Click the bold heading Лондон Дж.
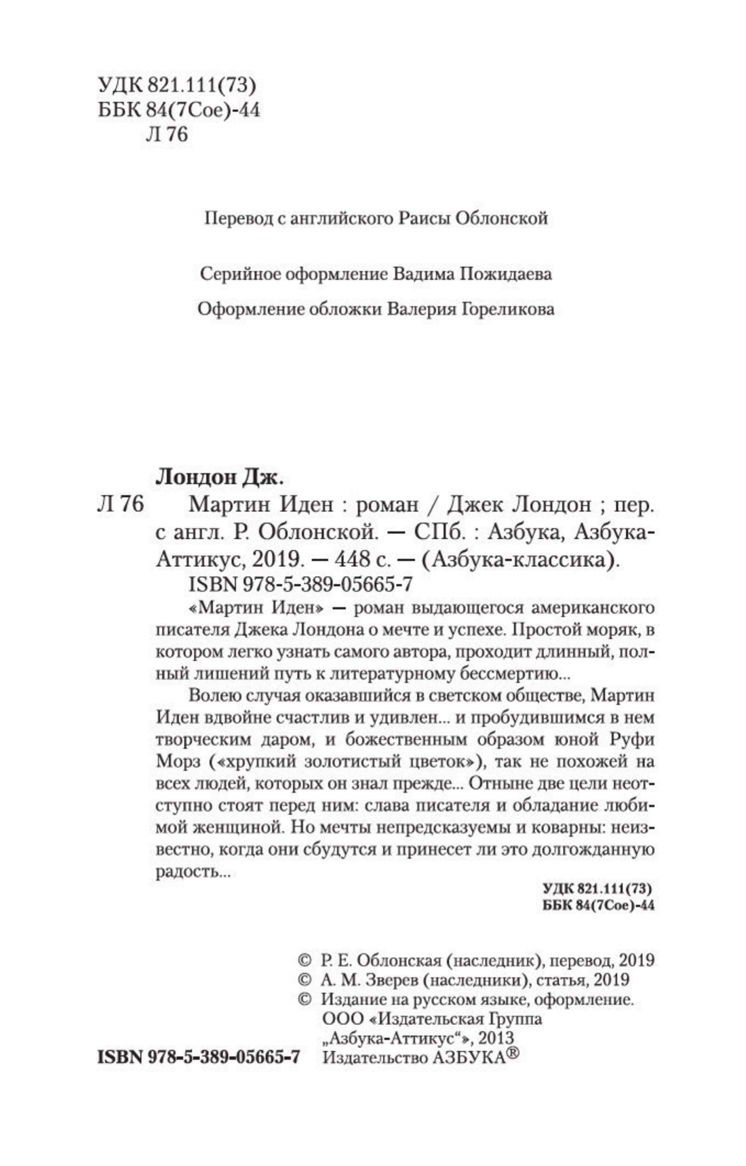pyautogui.click(x=218, y=477)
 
